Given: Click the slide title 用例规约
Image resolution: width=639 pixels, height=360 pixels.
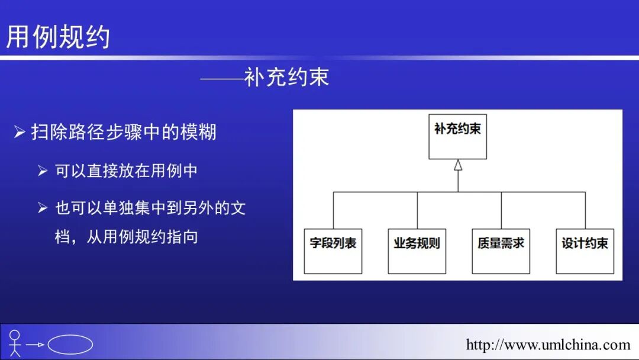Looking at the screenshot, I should [58, 37].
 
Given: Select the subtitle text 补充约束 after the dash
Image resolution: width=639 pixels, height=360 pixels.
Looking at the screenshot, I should [286, 78].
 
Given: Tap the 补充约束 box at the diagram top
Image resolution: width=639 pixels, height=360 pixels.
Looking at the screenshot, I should [457, 136].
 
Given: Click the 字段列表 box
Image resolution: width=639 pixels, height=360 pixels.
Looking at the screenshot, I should [333, 251].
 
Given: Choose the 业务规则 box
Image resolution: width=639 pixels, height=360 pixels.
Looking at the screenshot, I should [417, 251].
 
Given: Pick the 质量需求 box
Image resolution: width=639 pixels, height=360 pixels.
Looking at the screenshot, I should [501, 251].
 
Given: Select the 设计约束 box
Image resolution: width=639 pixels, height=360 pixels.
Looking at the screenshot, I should [585, 251].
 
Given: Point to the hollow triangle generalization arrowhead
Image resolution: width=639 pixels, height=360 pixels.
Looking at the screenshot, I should [458, 165].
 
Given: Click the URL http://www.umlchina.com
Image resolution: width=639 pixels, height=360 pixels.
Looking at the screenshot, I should [548, 345].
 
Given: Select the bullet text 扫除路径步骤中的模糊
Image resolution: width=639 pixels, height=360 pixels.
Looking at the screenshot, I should [124, 132].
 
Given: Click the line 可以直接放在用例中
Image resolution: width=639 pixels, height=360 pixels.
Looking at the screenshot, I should [126, 171].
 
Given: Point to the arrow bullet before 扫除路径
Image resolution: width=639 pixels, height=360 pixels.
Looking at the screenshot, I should [20, 131].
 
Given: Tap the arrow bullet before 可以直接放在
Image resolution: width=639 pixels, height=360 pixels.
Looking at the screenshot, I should [43, 171].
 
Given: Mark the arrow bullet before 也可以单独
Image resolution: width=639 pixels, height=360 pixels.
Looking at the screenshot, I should [43, 208].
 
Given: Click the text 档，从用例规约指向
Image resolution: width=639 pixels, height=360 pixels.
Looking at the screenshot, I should [126, 237].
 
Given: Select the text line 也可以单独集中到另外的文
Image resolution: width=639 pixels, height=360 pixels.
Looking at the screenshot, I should [150, 208].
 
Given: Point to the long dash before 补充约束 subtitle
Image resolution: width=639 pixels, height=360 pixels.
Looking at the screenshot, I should [222, 78].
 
